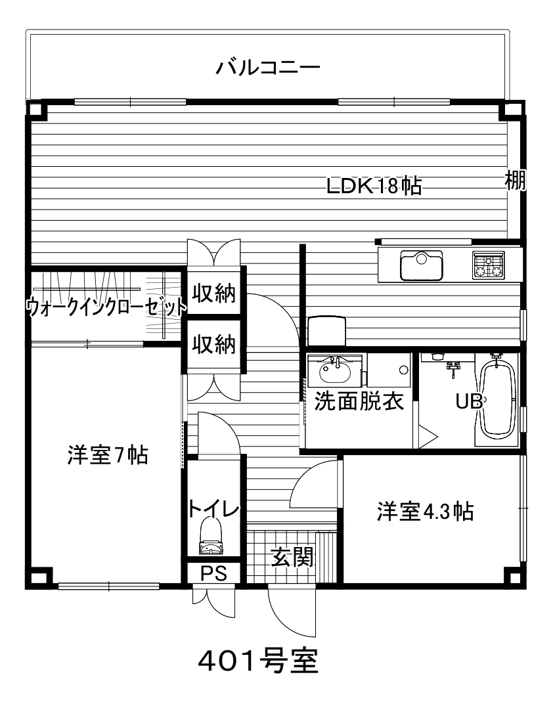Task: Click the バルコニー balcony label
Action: [x=268, y=68]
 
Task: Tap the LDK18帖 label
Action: [x=374, y=185]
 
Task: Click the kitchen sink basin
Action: [x=422, y=265]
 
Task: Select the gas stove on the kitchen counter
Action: [x=488, y=265]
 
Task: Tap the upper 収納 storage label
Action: [x=214, y=294]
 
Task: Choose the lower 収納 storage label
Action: [x=214, y=345]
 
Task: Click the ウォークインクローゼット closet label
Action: [x=106, y=307]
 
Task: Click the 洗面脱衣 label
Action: [x=359, y=401]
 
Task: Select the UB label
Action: [x=469, y=401]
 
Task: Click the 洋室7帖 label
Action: [x=108, y=454]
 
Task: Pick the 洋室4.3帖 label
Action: [x=426, y=512]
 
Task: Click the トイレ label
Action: [x=213, y=508]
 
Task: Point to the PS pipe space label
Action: [x=213, y=574]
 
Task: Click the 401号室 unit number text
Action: [x=259, y=661]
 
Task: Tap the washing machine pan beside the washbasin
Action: [x=389, y=370]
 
